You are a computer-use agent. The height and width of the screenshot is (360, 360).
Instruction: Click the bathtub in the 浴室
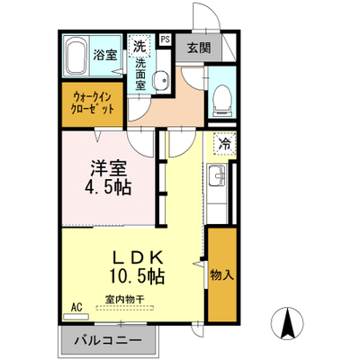pos(76,57)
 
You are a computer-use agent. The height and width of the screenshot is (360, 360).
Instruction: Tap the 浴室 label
pos(104,55)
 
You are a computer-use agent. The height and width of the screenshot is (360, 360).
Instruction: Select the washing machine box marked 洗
pos(139,46)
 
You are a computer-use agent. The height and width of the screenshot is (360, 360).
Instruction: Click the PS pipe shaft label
pos(166,40)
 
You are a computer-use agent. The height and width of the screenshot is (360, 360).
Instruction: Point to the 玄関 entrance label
pos(199,48)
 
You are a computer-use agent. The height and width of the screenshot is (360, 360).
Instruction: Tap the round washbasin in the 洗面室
pos(161,80)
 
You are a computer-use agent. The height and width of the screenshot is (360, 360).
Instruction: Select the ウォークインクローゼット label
pos(93,103)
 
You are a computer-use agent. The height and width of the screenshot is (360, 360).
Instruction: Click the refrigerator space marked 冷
pos(224,144)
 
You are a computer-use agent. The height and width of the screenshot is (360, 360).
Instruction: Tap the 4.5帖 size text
pos(108,188)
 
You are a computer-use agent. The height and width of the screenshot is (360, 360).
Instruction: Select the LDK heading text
pos(138,256)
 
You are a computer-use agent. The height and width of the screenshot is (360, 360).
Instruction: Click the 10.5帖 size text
pos(137,275)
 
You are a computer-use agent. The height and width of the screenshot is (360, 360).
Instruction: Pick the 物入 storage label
pos(222,275)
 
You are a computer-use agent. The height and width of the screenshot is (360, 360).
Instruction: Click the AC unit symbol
pos(76,316)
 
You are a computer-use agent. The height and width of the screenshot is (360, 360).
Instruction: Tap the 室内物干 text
pos(125,299)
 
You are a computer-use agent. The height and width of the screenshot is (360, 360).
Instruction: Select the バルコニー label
pos(108,340)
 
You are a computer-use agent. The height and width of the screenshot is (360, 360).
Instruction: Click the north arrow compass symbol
pos(287,323)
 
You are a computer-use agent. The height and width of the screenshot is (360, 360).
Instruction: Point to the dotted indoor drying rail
pos(125,308)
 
